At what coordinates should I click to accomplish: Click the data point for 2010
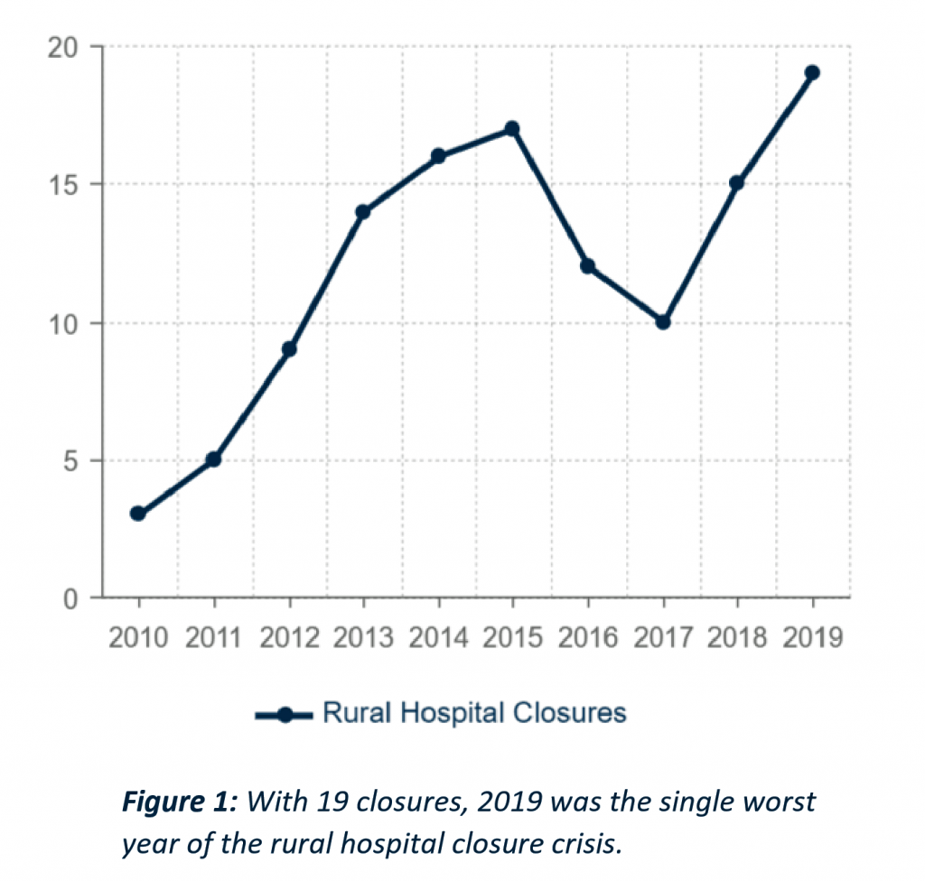138,514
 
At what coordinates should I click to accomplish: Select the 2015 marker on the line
512,129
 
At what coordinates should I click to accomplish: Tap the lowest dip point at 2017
662,321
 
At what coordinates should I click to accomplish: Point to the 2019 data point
812,73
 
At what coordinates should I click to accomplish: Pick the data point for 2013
363,212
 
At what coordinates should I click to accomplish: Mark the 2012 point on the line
289,349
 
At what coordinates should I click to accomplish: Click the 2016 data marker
588,266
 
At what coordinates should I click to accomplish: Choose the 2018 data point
737,183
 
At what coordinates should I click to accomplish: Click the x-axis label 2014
438,638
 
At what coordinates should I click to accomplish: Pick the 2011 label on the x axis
214,638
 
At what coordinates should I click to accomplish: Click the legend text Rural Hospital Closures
474,713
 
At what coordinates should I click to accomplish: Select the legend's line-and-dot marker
285,715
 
